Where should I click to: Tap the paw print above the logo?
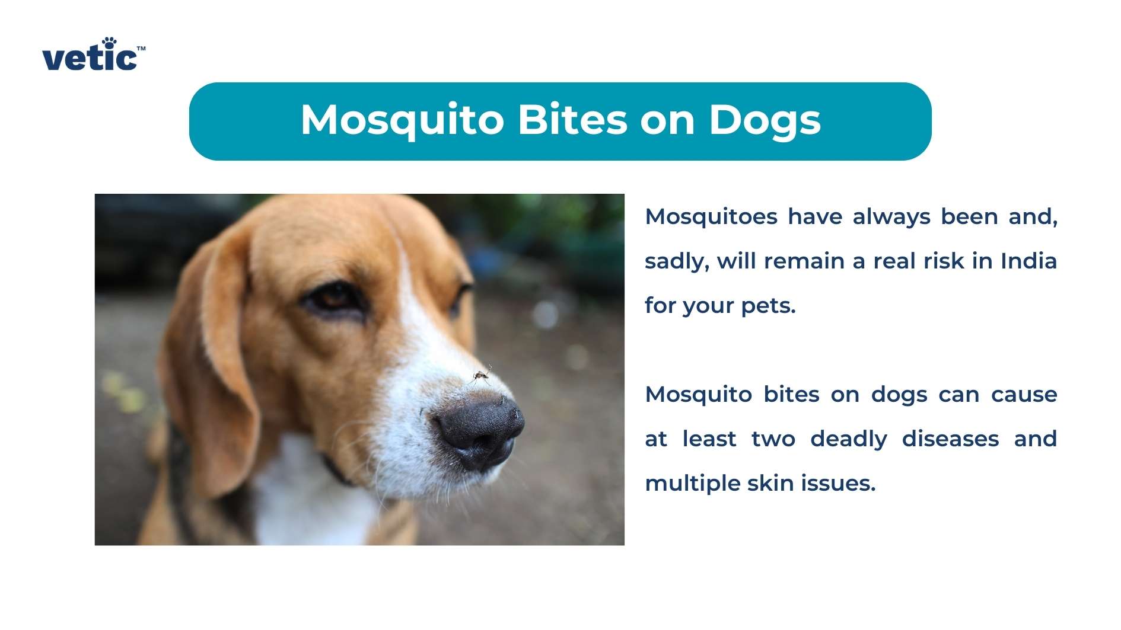tap(109, 42)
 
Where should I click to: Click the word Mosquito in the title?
tap(402, 121)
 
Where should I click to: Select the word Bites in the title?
tap(572, 120)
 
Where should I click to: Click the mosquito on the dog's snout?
tap(482, 375)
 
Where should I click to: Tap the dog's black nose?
tap(480, 431)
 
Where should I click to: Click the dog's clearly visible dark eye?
tap(333, 296)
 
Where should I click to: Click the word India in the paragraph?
tap(1028, 261)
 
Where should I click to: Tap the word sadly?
tap(677, 262)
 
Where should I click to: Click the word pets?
tap(768, 306)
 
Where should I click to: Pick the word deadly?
tap(849, 440)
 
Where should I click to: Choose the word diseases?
tap(950, 439)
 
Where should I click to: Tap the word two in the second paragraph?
tap(773, 439)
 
